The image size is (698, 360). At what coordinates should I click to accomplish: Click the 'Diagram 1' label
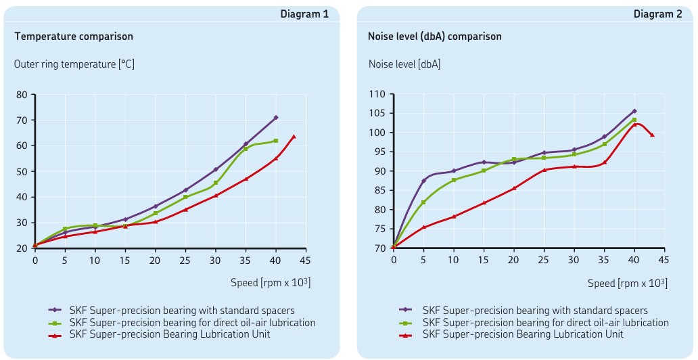pyautogui.click(x=306, y=14)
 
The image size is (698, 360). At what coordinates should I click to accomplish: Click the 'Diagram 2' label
pyautogui.click(x=657, y=14)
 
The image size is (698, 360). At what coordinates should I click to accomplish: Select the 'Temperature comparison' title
pyautogui.click(x=74, y=37)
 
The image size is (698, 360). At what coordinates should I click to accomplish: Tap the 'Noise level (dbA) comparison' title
pyautogui.click(x=435, y=37)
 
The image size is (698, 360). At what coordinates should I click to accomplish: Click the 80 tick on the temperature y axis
pyautogui.click(x=21, y=95)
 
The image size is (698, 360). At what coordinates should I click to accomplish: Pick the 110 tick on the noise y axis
pyautogui.click(x=377, y=94)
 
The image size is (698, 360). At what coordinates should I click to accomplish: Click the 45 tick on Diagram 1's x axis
pyautogui.click(x=306, y=259)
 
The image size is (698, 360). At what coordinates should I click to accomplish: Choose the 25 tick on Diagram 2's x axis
pyautogui.click(x=544, y=259)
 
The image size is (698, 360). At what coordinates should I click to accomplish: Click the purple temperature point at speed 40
pyautogui.click(x=276, y=118)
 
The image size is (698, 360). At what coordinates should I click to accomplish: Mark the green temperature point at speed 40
pyautogui.click(x=276, y=141)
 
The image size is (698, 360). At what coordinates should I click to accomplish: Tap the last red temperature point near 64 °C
pyautogui.click(x=294, y=137)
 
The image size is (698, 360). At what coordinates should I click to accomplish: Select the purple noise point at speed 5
pyautogui.click(x=423, y=181)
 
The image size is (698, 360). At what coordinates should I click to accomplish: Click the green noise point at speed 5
pyautogui.click(x=423, y=202)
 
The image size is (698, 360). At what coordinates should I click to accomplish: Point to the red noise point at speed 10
pyautogui.click(x=454, y=217)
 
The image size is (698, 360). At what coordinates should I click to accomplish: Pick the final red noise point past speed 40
pyautogui.click(x=653, y=135)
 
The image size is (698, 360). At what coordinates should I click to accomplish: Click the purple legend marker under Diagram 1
pyautogui.click(x=57, y=311)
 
